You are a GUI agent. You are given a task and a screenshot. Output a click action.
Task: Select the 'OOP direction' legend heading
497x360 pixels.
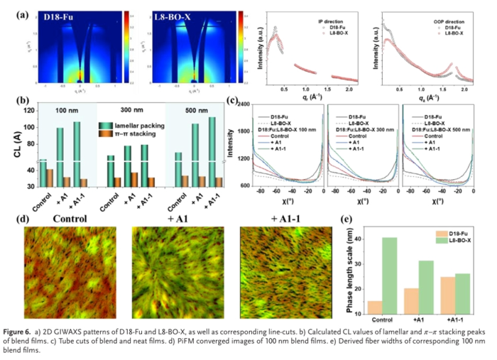tap(448, 22)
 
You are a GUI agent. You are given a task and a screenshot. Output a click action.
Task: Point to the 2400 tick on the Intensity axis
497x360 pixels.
tap(242, 105)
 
